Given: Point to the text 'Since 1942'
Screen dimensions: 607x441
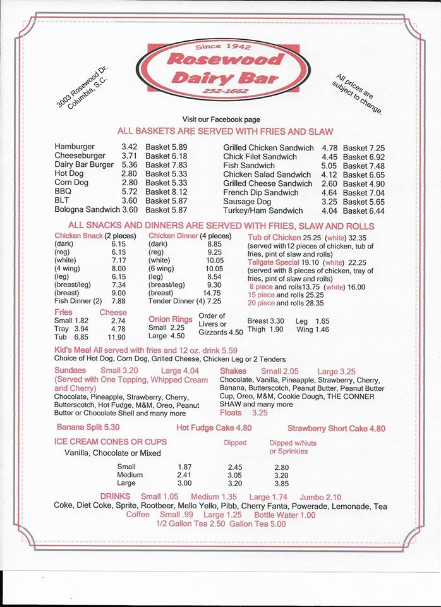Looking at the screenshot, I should pos(223,47).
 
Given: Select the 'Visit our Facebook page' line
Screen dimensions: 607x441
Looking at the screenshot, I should pos(220,120).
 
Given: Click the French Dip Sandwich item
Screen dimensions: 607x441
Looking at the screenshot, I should pos(261,192).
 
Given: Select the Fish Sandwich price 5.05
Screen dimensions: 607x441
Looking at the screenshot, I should pos(329,166).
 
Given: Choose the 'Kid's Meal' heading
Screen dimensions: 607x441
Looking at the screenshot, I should pos(73,350).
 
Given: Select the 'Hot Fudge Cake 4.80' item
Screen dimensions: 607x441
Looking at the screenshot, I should pos(214,428).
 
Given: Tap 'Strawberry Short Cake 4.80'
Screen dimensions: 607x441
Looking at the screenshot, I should pos(335,428).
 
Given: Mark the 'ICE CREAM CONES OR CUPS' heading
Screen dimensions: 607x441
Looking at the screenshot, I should pos(111,441).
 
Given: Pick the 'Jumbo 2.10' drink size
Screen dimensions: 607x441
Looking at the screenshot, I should pos(320,497).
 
